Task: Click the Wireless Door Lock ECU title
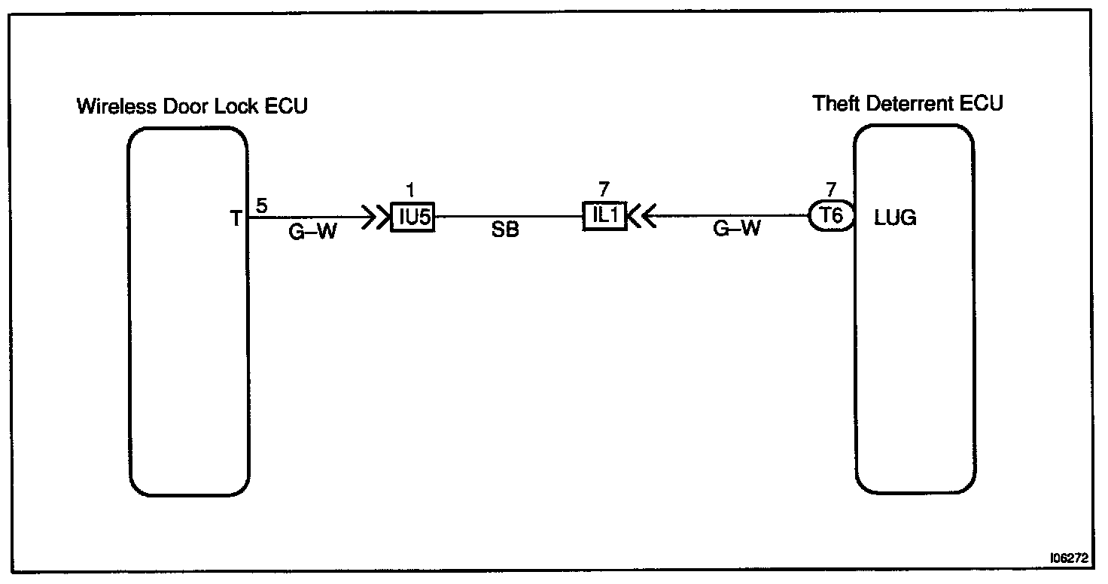(192, 106)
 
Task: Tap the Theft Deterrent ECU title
(908, 103)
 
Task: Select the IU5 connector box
(412, 217)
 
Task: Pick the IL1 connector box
(605, 216)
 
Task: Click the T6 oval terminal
(831, 217)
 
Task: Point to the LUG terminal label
(895, 218)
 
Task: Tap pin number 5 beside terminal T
(261, 205)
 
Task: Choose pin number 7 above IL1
(604, 190)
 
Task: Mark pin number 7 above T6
(831, 190)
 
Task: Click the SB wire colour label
(504, 231)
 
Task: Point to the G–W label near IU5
(312, 232)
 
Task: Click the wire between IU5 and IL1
(509, 217)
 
